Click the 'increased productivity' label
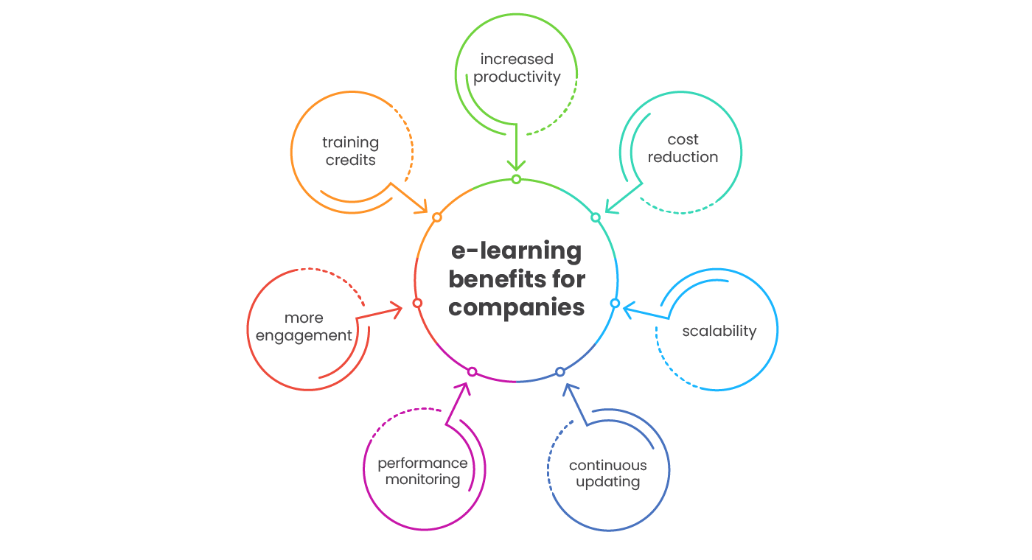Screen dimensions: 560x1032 517,68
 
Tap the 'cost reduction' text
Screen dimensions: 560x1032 683,148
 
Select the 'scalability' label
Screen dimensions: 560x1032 719,331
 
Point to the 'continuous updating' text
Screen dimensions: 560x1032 607,474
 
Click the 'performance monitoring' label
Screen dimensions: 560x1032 422,471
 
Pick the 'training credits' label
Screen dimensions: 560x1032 350,151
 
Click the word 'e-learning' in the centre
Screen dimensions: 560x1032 516,251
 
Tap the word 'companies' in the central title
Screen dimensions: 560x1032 516,307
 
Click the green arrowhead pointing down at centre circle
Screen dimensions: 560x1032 516,165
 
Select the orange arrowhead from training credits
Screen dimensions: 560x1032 421,207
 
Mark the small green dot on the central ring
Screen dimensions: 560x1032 516,179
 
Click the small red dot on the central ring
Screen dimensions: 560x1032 417,303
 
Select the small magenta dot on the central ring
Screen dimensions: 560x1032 473,371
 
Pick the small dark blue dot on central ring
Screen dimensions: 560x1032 560,371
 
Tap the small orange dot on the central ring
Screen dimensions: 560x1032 437,217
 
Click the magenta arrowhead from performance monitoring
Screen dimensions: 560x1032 464,388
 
